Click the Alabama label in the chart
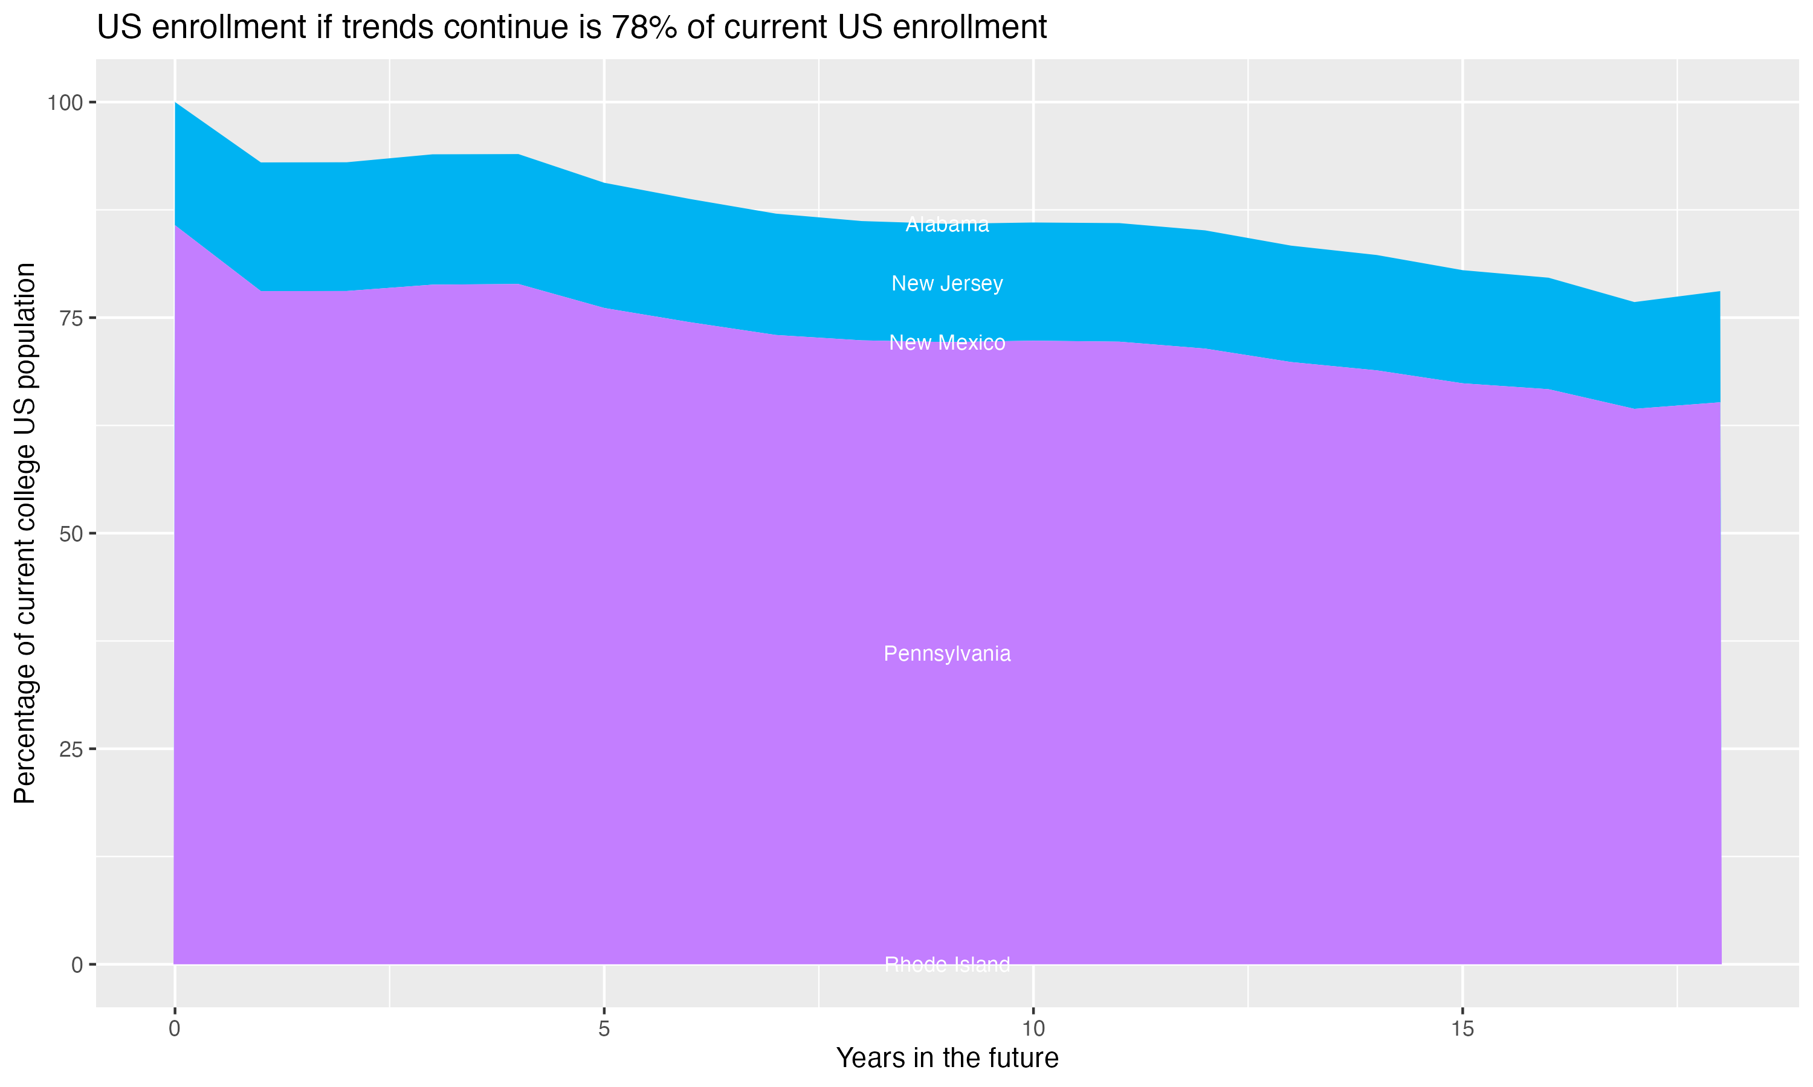[x=947, y=224]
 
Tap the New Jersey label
[x=947, y=283]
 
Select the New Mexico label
[x=947, y=343]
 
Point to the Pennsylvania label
[x=947, y=653]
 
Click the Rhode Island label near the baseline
[x=947, y=964]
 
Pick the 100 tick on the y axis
[x=65, y=103]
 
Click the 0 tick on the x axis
[x=175, y=1029]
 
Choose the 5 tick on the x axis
[x=604, y=1029]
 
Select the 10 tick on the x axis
[x=1033, y=1029]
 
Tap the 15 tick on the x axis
[x=1462, y=1029]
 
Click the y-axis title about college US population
[x=25, y=533]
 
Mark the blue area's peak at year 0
[x=175, y=103]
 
